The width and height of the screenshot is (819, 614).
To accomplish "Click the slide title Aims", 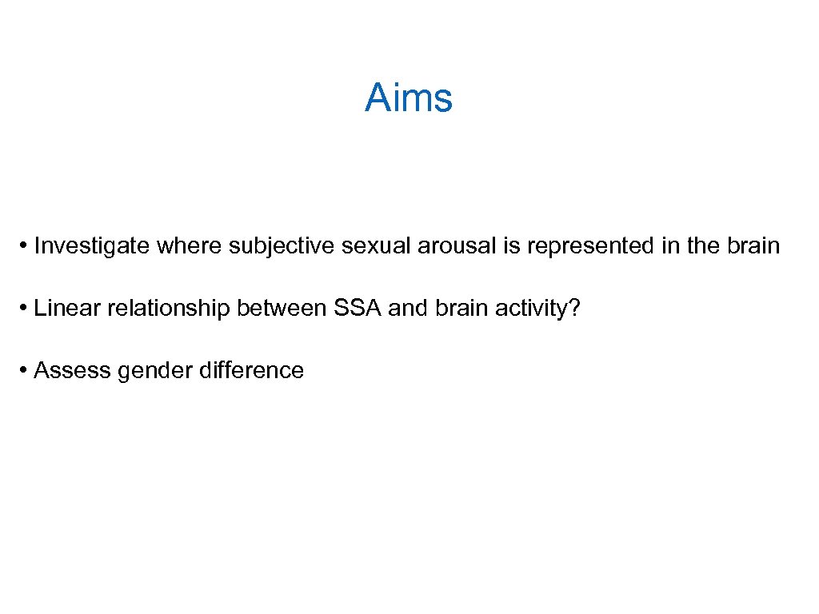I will pyautogui.click(x=409, y=98).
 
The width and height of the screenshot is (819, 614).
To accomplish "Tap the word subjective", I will pyautogui.click(x=282, y=246).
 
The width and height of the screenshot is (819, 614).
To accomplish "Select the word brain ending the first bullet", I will pyautogui.click(x=753, y=246).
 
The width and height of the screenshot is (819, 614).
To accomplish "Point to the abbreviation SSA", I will pyautogui.click(x=358, y=309).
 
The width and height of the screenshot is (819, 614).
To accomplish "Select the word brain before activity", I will pyautogui.click(x=462, y=309).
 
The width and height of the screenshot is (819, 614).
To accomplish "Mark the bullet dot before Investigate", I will pyautogui.click(x=26, y=246).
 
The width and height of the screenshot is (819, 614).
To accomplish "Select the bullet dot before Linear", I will pyautogui.click(x=26, y=309).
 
